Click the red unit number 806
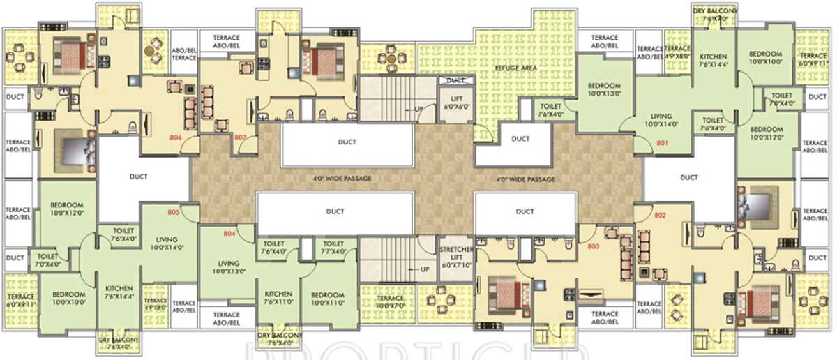coord(175,137)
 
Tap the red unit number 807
coord(241,137)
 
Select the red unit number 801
coord(662,144)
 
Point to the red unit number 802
coord(661,215)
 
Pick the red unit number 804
coord(229,234)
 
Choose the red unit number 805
coord(174,211)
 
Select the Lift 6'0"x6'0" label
coord(457,103)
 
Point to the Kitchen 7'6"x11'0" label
coord(278,298)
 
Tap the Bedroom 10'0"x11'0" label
coord(327,298)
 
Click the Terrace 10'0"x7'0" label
coord(390,301)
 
